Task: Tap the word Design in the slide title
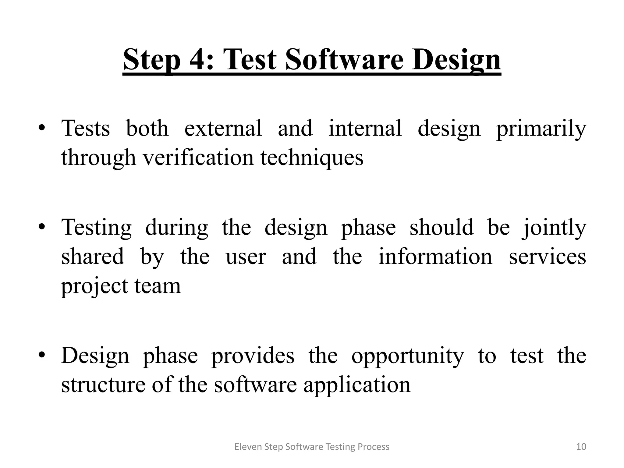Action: (456, 59)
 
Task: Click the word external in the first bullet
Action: (223, 128)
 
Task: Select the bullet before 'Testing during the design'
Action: (42, 227)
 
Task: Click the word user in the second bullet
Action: (246, 257)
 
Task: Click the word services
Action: (548, 257)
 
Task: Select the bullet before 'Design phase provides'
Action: (42, 355)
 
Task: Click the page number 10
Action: (581, 447)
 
